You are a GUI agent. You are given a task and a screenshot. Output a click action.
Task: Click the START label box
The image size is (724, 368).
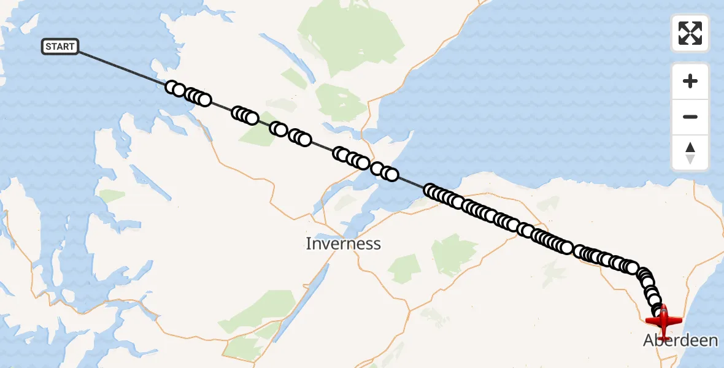pyautogui.click(x=60, y=47)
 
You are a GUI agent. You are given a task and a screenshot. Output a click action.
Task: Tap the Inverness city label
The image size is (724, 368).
pyautogui.click(x=343, y=243)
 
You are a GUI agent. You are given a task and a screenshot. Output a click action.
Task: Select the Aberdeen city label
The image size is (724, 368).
pyautogui.click(x=680, y=340)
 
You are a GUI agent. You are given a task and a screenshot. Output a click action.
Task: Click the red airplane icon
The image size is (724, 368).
pyautogui.click(x=664, y=320)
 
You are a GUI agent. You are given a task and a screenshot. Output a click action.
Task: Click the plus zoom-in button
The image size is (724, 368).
pyautogui.click(x=690, y=81)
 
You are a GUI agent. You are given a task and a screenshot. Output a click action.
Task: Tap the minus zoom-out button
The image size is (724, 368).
pyautogui.click(x=690, y=117)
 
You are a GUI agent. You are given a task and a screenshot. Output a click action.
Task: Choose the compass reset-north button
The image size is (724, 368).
pyautogui.click(x=690, y=153)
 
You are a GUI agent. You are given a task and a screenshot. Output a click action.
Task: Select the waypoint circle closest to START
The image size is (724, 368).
pyautogui.click(x=172, y=87)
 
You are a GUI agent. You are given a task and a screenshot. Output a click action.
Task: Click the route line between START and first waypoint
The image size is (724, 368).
pyautogui.click(x=123, y=68)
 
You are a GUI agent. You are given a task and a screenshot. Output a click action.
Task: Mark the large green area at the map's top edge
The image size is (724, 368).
pyautogui.click(x=350, y=37)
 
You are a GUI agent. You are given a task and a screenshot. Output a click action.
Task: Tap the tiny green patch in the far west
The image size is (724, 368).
pyautogui.click(x=112, y=196)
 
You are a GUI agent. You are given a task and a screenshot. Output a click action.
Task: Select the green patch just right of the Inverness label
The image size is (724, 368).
pyautogui.click(x=403, y=268)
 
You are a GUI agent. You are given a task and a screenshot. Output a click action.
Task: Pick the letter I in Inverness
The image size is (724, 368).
pyautogui.click(x=309, y=243)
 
